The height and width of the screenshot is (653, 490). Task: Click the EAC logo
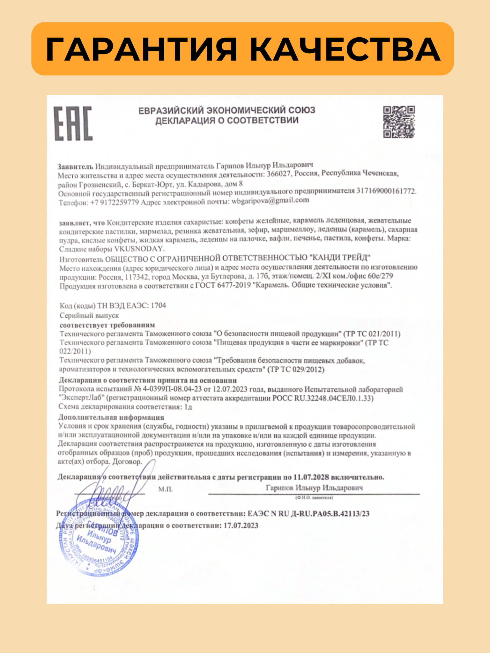coord(73,123)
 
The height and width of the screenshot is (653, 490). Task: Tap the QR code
coord(399,122)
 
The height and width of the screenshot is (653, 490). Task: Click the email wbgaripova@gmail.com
coord(270,201)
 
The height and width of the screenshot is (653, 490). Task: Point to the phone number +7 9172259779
coord(115,202)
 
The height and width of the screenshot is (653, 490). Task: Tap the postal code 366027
coord(279,174)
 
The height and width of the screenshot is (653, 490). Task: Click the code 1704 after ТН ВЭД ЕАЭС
coord(158,305)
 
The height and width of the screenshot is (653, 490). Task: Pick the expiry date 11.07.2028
coord(311,477)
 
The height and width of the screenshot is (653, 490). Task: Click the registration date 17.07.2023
coord(241,525)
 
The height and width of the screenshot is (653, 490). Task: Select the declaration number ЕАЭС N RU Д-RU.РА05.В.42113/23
coord(308,513)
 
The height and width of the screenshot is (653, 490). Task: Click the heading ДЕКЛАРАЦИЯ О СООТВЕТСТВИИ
coord(227,121)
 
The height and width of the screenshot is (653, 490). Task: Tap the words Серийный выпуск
coord(89,315)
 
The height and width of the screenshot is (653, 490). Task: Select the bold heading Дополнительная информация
coord(111,417)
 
